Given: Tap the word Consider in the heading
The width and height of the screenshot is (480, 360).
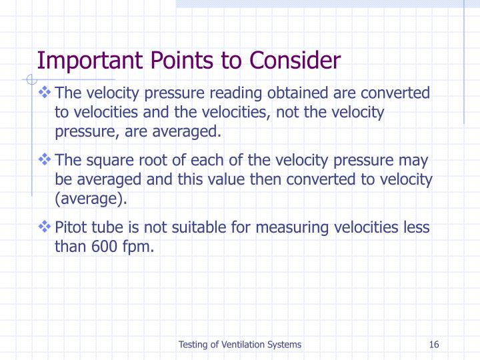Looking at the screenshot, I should point(295,61).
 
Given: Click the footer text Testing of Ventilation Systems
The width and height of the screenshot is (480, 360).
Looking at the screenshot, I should point(239,345).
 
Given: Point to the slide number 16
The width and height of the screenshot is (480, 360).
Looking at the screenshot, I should point(434,345).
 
